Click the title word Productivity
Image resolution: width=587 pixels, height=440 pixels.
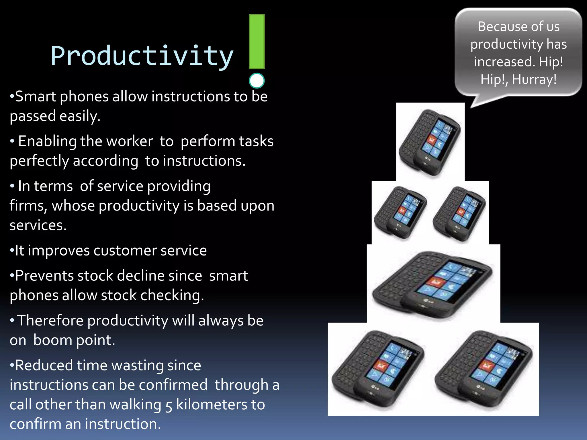[142, 56]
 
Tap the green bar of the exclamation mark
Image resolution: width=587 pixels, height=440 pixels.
[257, 42]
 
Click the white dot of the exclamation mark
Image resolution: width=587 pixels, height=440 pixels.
[257, 81]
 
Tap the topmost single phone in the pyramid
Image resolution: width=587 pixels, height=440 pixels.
[430, 142]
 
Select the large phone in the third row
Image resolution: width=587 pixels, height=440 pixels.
[433, 284]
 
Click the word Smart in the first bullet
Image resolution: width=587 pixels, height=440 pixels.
[35, 97]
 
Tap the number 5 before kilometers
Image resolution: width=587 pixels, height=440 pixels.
[169, 405]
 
